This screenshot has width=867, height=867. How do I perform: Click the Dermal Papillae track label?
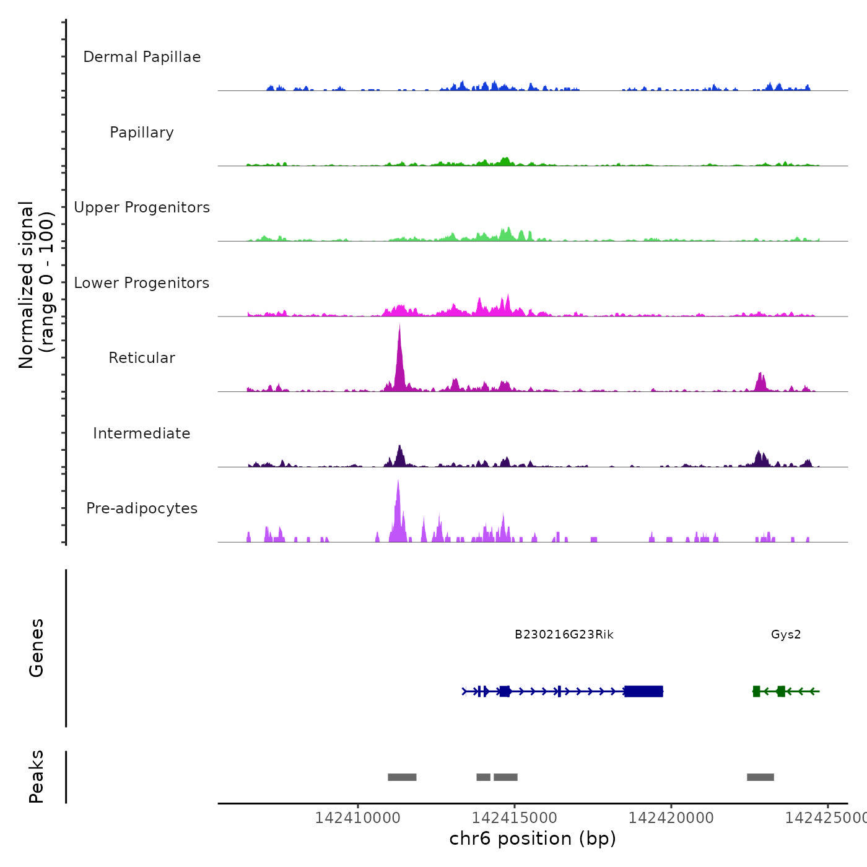[142, 57]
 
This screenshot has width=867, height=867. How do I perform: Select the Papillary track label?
[142, 133]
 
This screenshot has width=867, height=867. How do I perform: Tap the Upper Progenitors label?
[142, 207]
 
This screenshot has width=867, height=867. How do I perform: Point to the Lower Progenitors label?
[142, 283]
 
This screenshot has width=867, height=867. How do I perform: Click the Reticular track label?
[142, 358]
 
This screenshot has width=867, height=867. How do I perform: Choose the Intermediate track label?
[142, 434]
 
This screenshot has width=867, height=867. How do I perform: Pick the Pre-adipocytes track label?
[142, 508]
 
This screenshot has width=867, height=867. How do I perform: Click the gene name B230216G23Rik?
[564, 635]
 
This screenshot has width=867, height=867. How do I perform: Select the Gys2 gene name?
[786, 635]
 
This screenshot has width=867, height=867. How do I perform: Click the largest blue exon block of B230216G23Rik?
[643, 691]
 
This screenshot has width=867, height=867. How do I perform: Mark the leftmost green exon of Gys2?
[756, 691]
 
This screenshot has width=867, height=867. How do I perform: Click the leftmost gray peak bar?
[402, 777]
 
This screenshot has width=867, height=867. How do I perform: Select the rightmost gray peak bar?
[760, 777]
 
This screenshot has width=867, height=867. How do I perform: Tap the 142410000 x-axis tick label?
[358, 818]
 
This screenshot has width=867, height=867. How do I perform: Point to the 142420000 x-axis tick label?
[671, 818]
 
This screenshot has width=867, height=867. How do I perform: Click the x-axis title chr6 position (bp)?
[533, 839]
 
